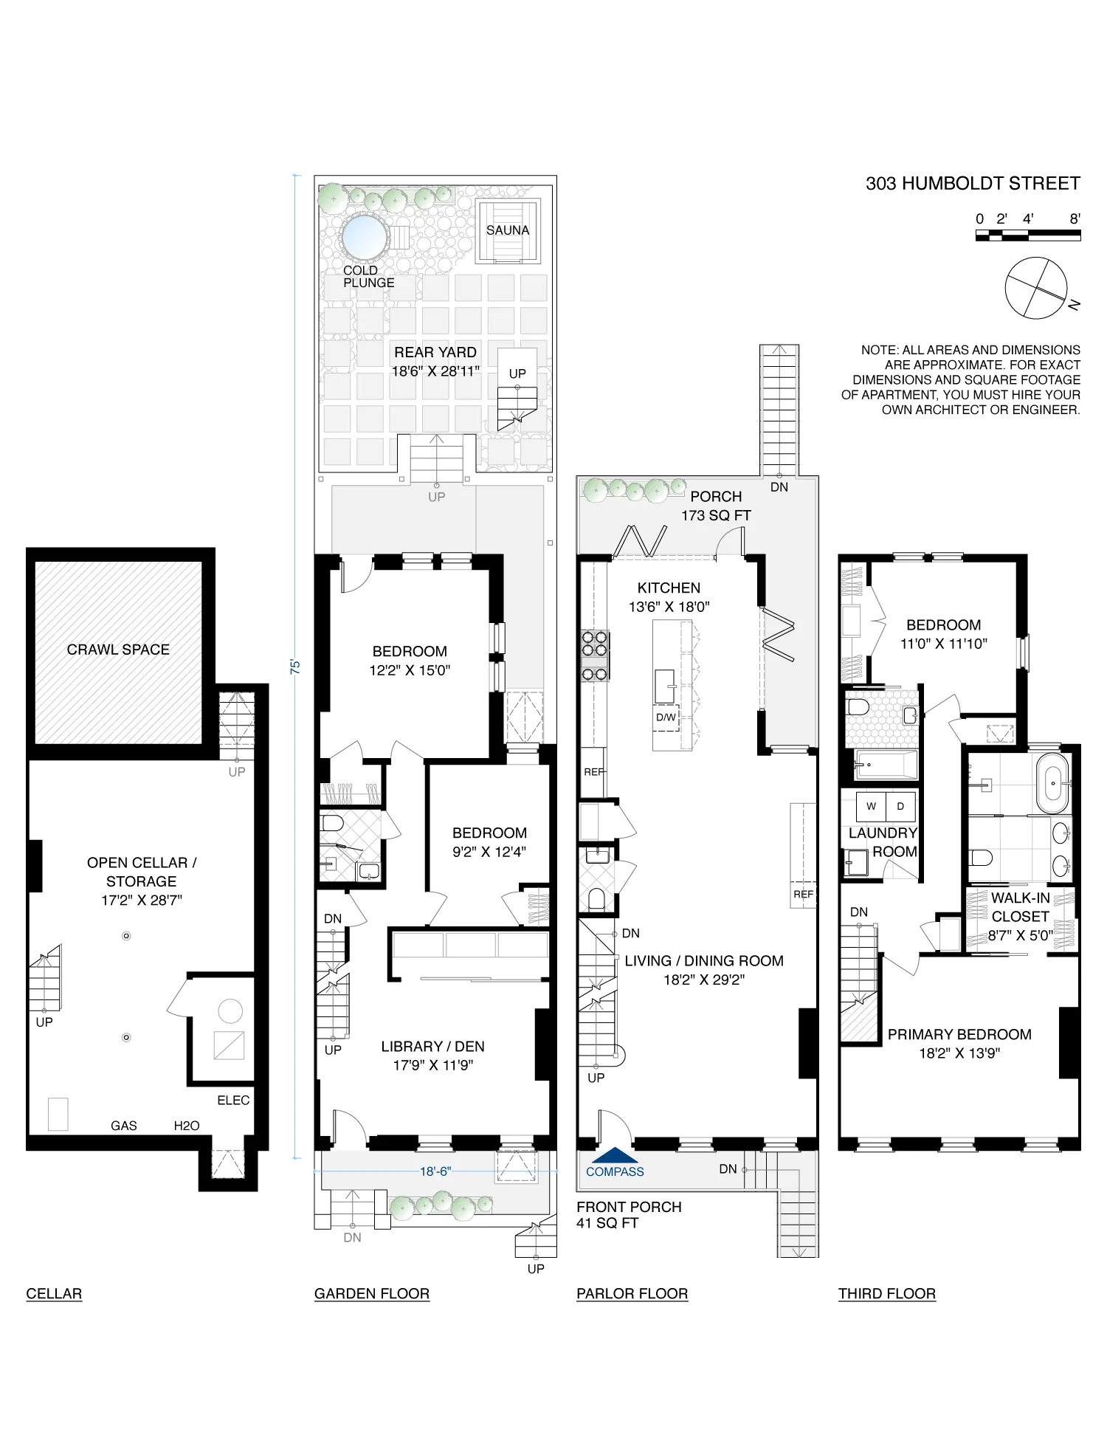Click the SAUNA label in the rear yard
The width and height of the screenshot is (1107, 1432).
click(507, 230)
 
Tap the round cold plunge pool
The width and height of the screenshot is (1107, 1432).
click(364, 236)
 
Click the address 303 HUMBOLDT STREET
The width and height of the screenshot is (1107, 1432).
click(972, 183)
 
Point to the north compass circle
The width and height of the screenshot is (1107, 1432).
click(1035, 288)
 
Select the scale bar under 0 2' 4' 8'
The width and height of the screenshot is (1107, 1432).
click(1027, 235)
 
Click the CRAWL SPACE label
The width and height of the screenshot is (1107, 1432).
click(118, 650)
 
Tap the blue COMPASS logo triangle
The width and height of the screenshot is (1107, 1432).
click(615, 1155)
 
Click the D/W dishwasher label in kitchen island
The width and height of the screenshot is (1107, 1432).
click(666, 717)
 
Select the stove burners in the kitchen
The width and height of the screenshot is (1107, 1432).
click(594, 655)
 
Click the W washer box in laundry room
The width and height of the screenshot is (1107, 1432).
click(871, 806)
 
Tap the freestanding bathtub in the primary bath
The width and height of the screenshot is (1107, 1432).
click(1052, 782)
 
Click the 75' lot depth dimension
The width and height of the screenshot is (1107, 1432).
click(295, 666)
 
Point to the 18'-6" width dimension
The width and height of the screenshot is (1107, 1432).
click(435, 1171)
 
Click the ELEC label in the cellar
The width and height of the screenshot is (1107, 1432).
click(233, 1100)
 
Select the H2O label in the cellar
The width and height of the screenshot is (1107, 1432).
click(187, 1126)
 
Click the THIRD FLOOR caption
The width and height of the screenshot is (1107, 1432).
click(886, 1293)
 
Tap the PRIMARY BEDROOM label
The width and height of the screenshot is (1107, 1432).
click(959, 1034)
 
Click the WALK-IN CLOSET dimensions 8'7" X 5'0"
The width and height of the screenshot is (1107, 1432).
click(1021, 935)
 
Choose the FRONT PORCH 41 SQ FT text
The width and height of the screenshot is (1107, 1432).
click(629, 1215)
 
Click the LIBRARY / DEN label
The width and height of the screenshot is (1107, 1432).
click(432, 1046)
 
